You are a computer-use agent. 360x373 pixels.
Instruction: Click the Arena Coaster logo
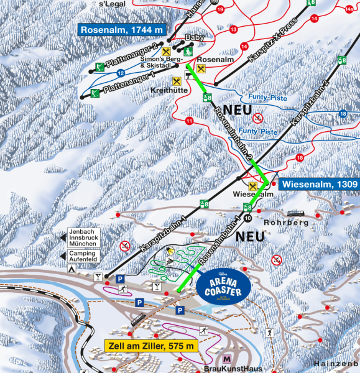(223, 286)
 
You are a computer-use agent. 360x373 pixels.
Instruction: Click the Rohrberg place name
(286, 223)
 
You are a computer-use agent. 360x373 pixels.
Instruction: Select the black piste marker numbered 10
(248, 218)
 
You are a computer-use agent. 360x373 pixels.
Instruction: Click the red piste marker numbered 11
(189, 121)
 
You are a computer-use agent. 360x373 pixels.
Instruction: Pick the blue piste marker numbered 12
(119, 73)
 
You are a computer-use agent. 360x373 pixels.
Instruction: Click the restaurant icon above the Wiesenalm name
(252, 186)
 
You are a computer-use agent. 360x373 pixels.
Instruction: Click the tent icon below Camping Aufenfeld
(72, 269)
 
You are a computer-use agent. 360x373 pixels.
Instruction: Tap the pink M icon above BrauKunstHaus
(226, 359)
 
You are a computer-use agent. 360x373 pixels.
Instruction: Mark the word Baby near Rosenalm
(194, 37)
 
